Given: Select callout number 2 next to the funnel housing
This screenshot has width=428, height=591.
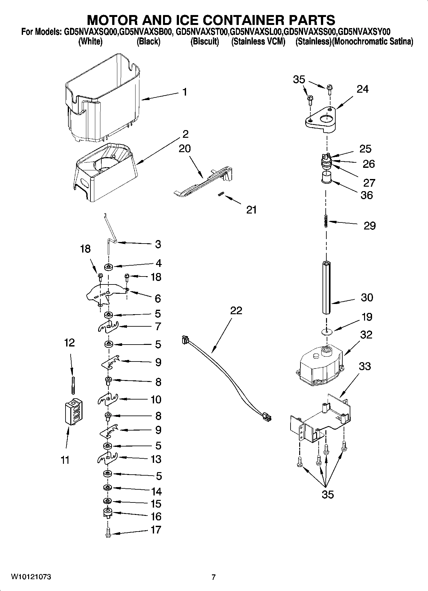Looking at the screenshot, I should click(185, 134).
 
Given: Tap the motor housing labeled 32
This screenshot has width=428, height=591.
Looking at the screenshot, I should click(320, 364).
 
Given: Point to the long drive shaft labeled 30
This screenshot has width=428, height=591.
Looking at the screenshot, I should click(326, 288).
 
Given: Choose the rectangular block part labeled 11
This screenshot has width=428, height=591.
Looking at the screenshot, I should click(74, 412).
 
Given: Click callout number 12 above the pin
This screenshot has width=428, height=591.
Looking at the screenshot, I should click(69, 343).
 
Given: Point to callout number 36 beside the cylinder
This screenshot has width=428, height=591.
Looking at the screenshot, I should click(367, 195).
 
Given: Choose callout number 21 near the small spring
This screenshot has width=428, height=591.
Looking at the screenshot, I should click(251, 210).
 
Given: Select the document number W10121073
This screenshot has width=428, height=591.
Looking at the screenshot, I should click(31, 577).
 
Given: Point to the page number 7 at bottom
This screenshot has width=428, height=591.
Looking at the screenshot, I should click(214, 577).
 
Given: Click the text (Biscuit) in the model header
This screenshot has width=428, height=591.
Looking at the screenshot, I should click(205, 42).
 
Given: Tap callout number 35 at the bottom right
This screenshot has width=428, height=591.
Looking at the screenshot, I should click(328, 494).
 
